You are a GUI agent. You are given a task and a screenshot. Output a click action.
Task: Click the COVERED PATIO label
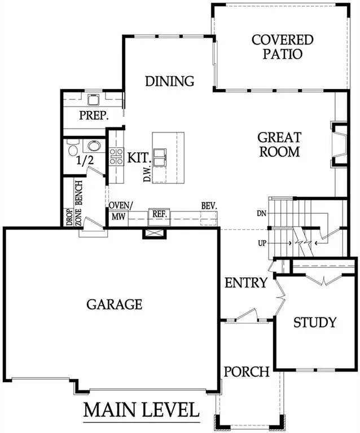click(x=282, y=47)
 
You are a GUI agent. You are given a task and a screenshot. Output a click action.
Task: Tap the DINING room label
click(x=169, y=81)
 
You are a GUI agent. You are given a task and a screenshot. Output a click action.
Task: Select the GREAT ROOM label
click(x=279, y=144)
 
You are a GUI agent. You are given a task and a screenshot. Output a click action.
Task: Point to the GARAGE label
click(x=114, y=304)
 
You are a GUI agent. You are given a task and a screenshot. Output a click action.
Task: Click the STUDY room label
click(x=314, y=322)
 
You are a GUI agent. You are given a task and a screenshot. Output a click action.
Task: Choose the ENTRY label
click(x=245, y=282)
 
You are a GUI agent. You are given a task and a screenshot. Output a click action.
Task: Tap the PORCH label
click(x=246, y=372)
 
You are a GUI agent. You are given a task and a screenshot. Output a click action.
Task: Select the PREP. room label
click(x=94, y=116)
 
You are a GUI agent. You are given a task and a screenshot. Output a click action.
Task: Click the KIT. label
click(x=138, y=157)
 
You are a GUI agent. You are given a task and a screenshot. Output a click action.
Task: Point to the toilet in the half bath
click(x=72, y=150)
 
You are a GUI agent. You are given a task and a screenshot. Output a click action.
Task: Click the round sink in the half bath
click(x=94, y=146)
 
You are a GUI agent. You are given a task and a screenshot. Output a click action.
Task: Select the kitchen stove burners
click(x=116, y=156)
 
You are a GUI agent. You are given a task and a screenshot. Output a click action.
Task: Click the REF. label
click(x=156, y=214)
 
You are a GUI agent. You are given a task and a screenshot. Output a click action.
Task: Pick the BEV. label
click(x=209, y=206)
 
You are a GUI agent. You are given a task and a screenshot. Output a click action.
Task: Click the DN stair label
click(x=260, y=214)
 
